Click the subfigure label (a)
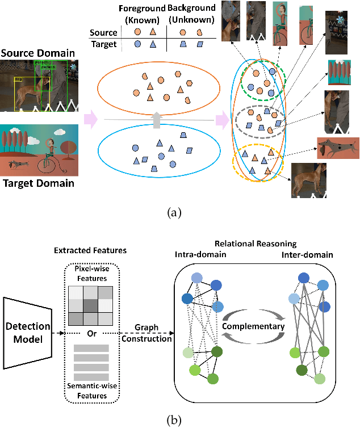[x=179, y=213]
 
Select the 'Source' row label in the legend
[x=106, y=33]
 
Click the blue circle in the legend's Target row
[x=137, y=43]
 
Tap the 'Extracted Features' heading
[x=90, y=250]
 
